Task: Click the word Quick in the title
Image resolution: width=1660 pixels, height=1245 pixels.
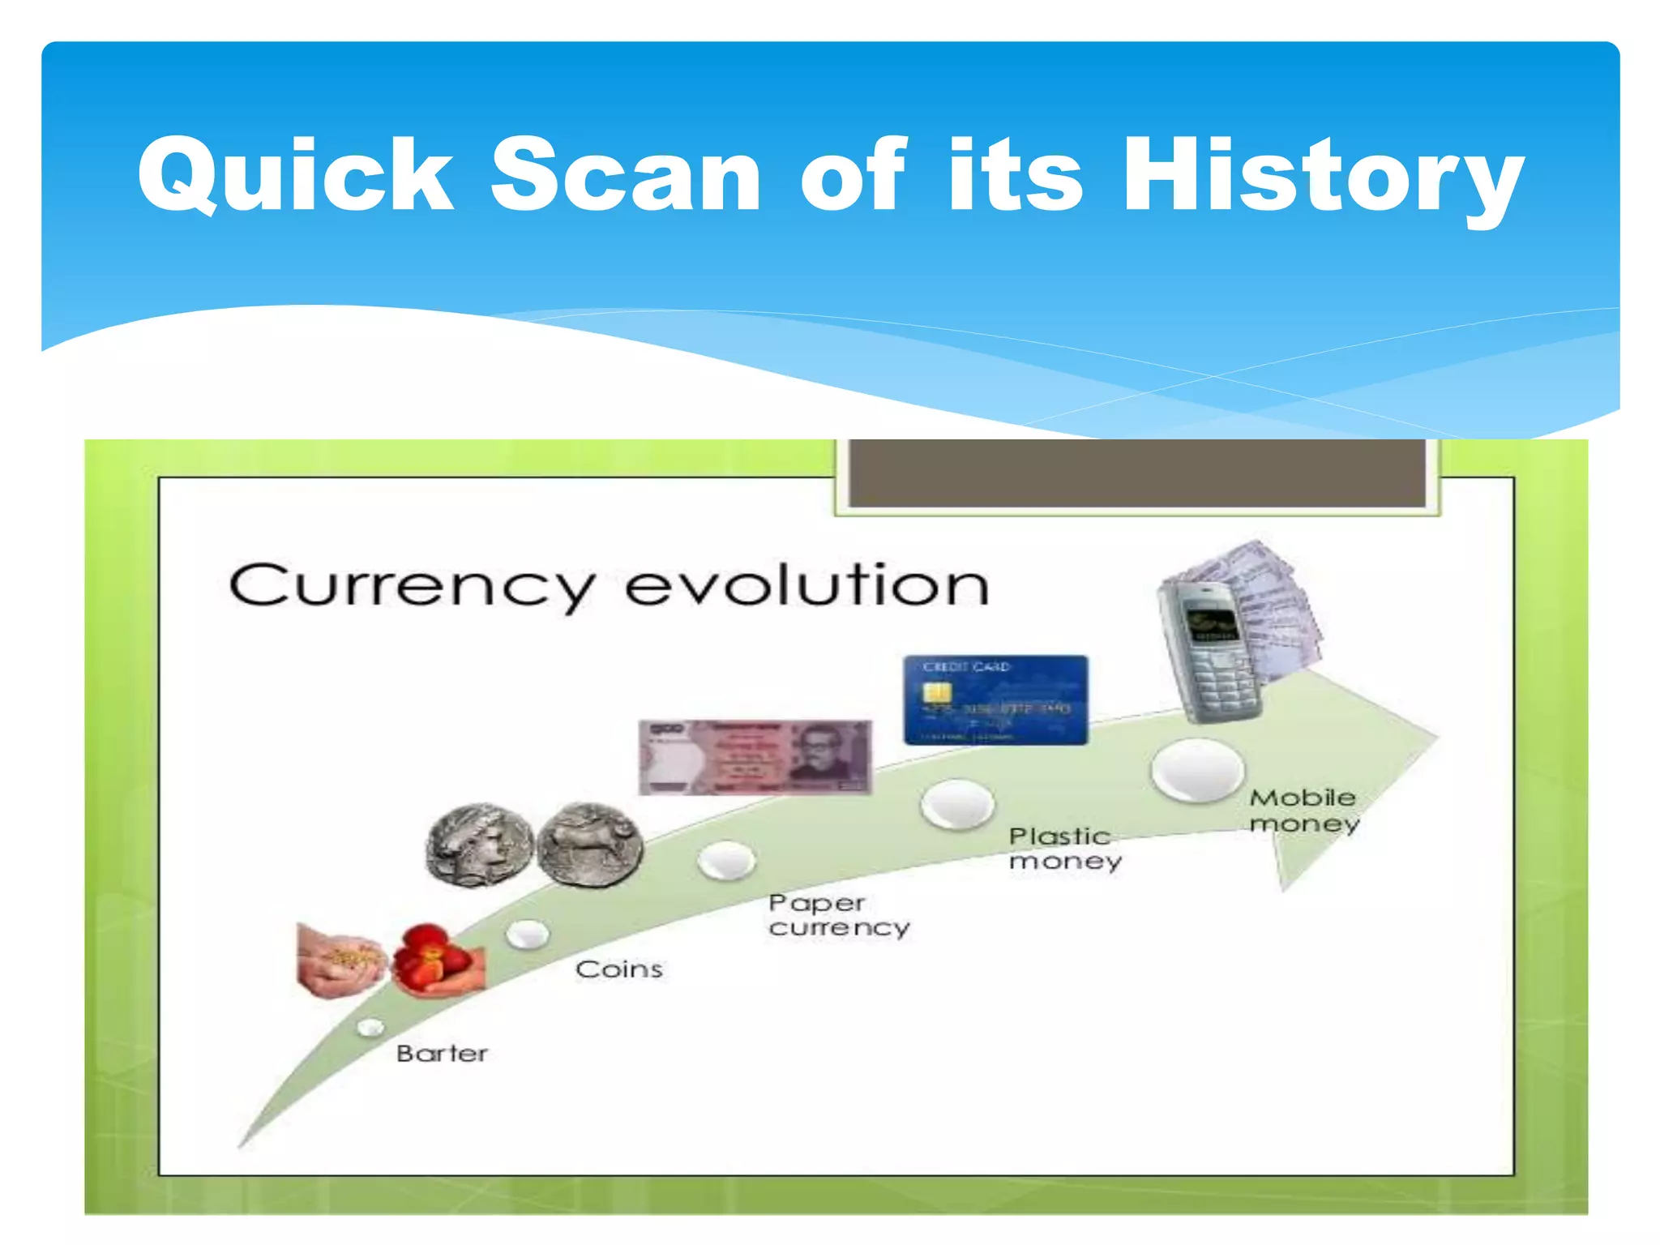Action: click(295, 175)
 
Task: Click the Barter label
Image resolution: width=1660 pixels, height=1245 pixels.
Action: click(442, 1053)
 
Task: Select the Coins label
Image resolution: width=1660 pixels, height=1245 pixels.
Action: click(619, 969)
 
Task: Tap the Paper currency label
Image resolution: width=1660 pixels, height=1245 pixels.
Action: click(838, 914)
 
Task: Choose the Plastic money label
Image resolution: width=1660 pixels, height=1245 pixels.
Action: click(1064, 848)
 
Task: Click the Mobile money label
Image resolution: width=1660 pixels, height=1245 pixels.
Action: click(1303, 810)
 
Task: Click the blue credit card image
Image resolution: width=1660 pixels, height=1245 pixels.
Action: click(995, 700)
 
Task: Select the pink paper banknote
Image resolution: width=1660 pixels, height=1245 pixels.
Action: click(755, 756)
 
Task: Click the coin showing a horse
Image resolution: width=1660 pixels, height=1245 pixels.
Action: click(590, 845)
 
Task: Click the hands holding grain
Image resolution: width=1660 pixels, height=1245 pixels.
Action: click(340, 961)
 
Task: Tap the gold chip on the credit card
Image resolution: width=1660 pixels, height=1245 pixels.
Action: click(938, 693)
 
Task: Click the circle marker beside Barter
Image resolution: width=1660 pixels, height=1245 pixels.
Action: click(370, 1028)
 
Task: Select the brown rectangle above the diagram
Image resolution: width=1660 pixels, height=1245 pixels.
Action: click(1136, 473)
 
